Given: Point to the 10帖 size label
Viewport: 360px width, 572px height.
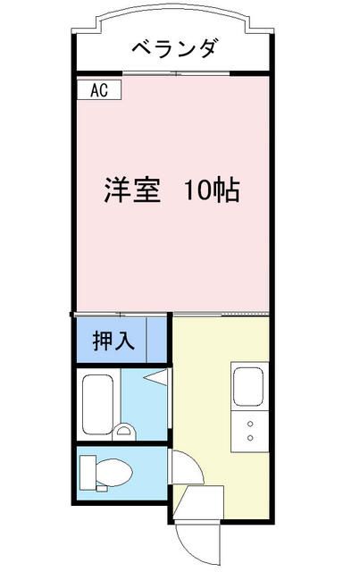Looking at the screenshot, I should click(212, 190).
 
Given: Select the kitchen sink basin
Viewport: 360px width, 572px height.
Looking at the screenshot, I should click(248, 386).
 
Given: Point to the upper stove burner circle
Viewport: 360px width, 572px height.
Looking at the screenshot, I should click(249, 423).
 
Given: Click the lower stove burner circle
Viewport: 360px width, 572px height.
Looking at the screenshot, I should click(249, 438).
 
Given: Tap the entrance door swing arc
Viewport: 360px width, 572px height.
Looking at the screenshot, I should click(196, 541).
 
